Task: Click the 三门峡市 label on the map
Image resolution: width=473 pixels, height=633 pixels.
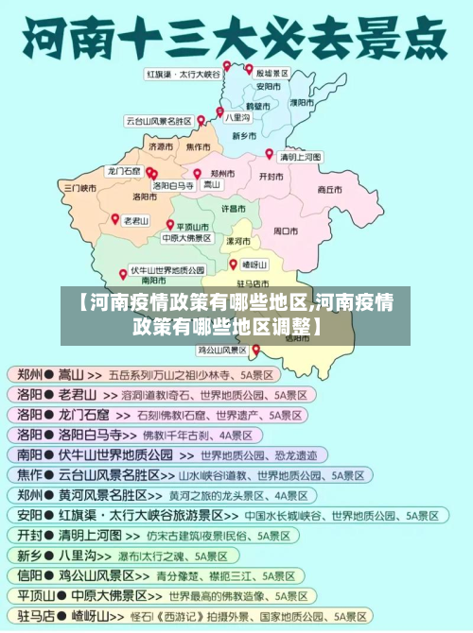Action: [x=80, y=187]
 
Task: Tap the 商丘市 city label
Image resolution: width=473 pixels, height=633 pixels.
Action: [x=329, y=189]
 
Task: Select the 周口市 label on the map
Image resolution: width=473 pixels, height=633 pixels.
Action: [x=286, y=230]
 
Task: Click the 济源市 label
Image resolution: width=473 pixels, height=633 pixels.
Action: [x=161, y=147]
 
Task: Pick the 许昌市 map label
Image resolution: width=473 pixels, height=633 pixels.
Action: [x=234, y=207]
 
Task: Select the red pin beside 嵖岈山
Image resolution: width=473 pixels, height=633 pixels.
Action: [x=234, y=264]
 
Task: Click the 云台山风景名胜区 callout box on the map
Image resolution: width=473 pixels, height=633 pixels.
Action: [x=159, y=121]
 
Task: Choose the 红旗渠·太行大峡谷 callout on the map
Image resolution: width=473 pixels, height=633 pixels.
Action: [x=183, y=73]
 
